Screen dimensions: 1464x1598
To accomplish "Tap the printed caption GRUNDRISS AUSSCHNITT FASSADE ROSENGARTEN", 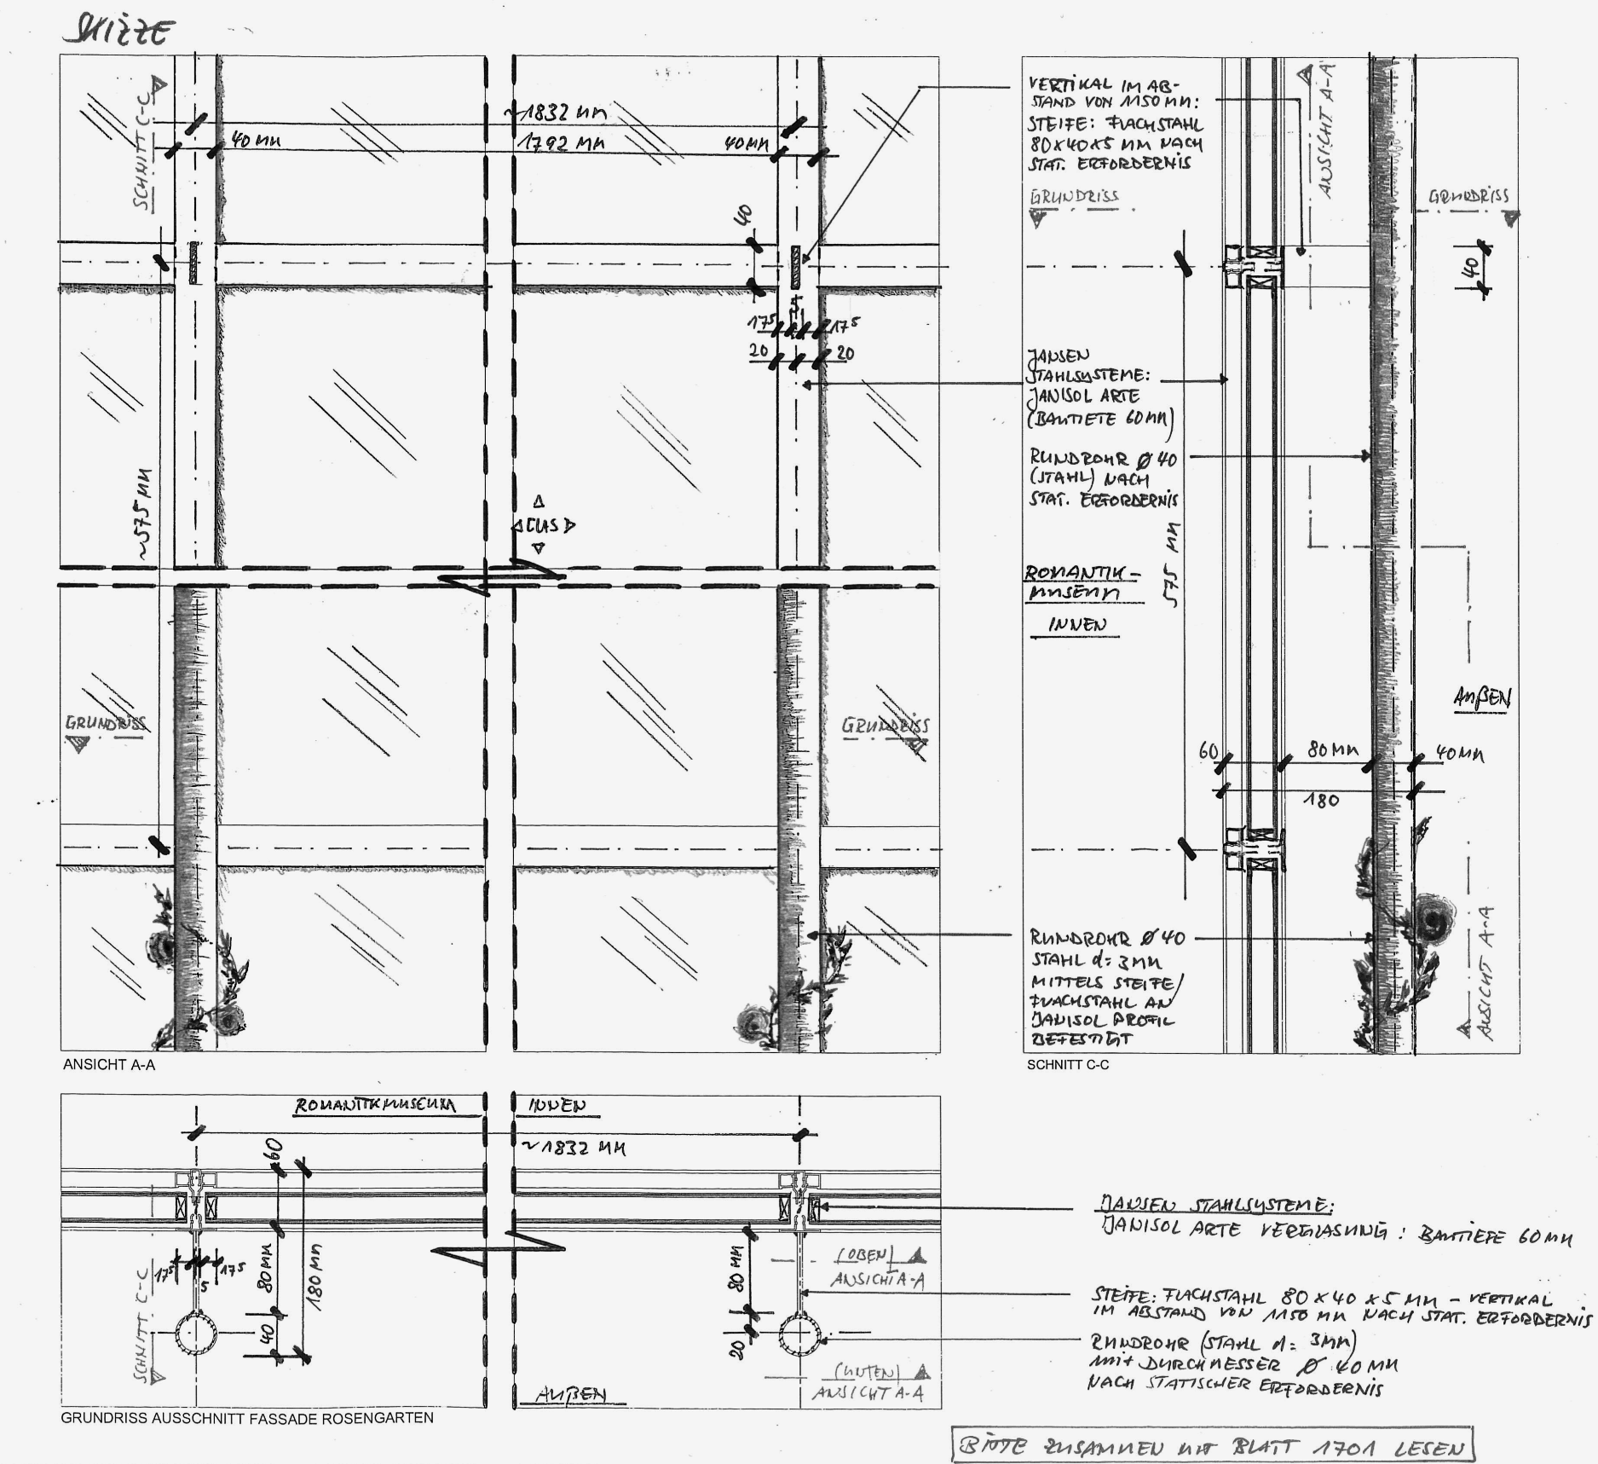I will [247, 1418].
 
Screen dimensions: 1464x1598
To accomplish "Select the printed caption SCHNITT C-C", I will [1068, 1065].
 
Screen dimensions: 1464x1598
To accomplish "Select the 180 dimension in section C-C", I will [1321, 801].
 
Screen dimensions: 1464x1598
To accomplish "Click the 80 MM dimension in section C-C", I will [1333, 750].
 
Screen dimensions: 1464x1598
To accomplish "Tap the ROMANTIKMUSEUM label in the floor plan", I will [375, 1106].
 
